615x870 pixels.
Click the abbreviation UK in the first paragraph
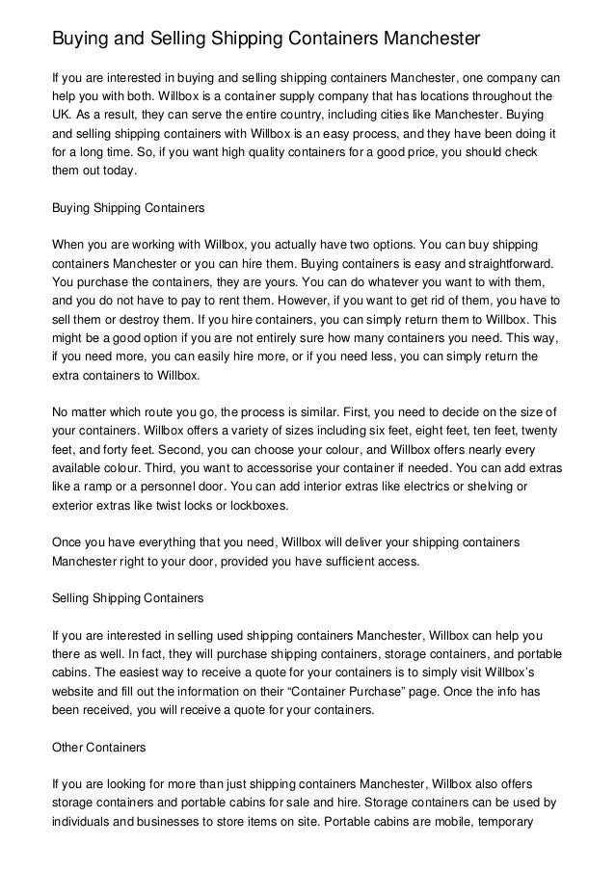62,112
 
